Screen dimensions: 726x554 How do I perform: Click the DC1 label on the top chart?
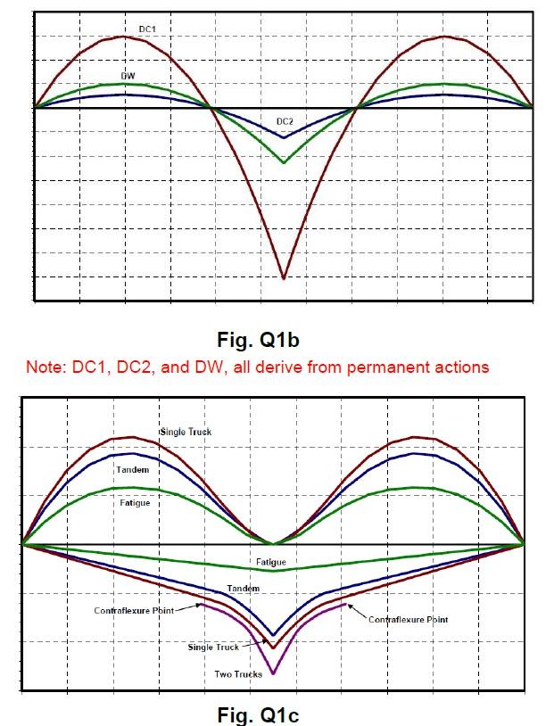coord(148,29)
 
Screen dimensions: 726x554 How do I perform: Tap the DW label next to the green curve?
coord(128,76)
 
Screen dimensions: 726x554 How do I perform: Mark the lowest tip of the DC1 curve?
coord(284,279)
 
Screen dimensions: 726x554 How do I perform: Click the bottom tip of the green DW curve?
coord(284,163)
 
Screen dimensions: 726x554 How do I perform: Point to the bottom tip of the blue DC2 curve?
coord(284,138)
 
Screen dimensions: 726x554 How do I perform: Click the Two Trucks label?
coord(238,674)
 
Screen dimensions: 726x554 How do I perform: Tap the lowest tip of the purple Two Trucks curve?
coord(273,673)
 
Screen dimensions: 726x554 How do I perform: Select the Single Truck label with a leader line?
coord(212,648)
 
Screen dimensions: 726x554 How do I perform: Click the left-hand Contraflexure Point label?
coord(133,611)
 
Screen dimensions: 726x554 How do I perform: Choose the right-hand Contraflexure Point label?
coord(409,619)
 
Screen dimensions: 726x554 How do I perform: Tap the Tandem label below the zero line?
coord(243,589)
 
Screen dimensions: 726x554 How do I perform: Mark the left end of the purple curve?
coord(201,604)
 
